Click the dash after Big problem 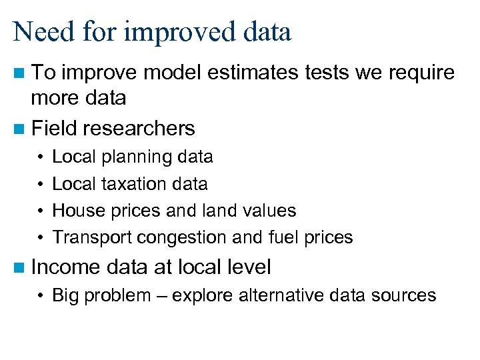point(162,296)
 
